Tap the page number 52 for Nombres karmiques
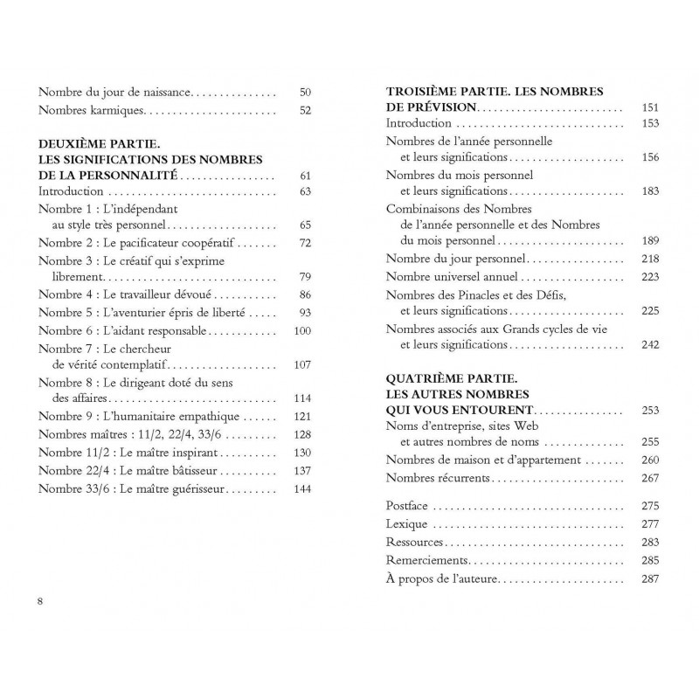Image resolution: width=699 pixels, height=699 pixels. (x=305, y=110)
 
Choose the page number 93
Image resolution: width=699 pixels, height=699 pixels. (x=305, y=312)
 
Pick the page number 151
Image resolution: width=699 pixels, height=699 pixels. (x=648, y=107)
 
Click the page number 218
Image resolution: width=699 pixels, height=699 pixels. (x=648, y=259)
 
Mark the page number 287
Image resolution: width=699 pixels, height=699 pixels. (x=648, y=579)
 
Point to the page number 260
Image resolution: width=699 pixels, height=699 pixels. (x=648, y=460)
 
